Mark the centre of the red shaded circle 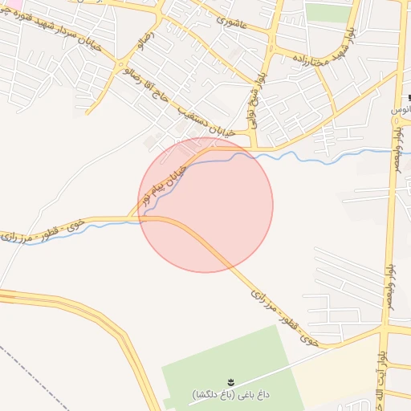coord(205,205)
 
